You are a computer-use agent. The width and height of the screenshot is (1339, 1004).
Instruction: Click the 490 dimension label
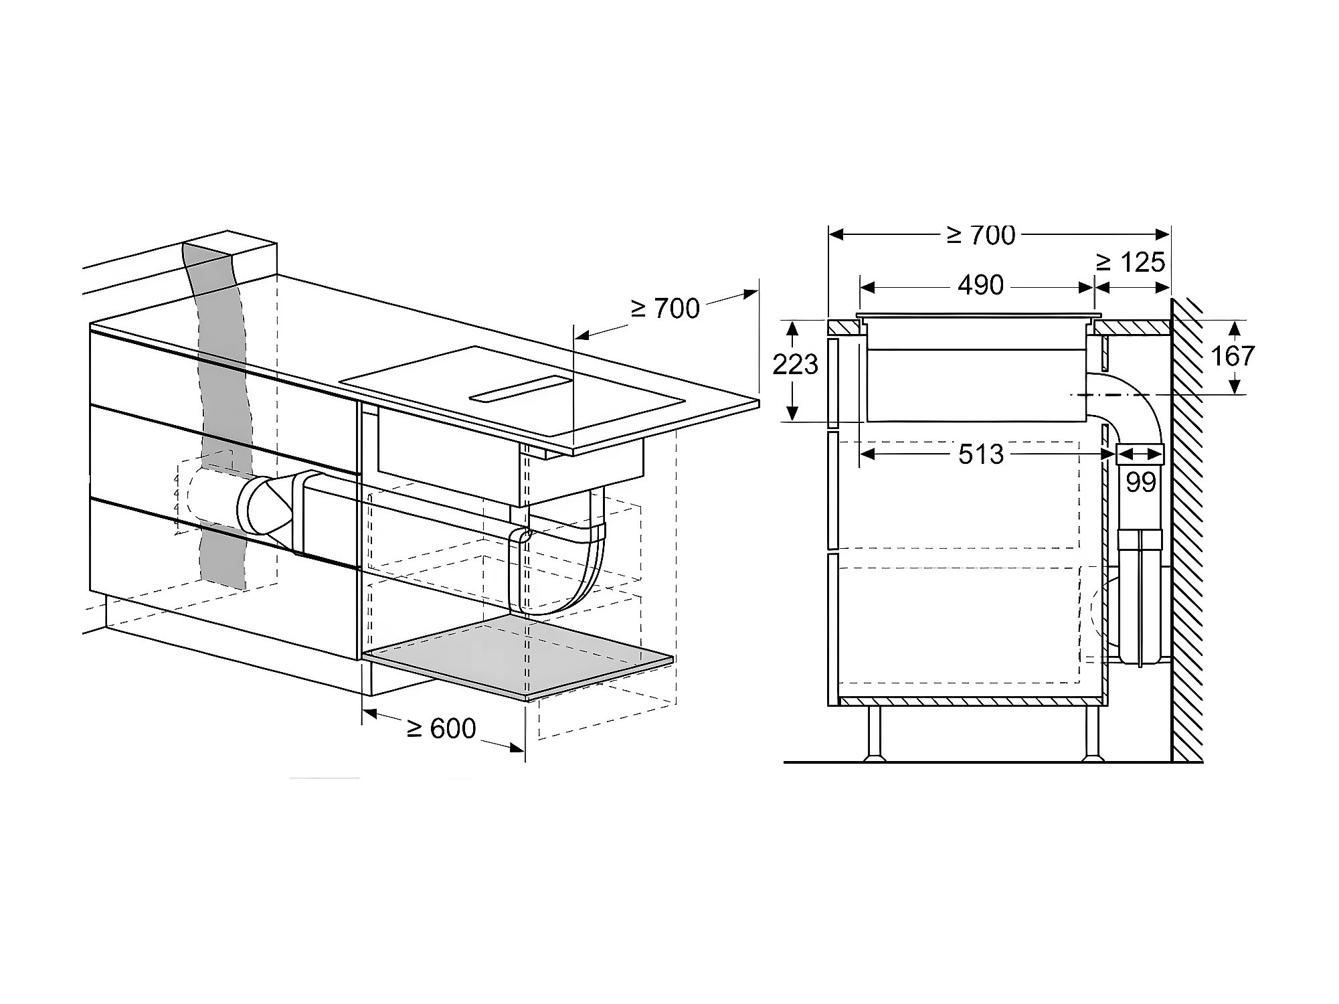click(x=980, y=286)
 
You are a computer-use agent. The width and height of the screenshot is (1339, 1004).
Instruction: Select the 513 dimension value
click(x=981, y=455)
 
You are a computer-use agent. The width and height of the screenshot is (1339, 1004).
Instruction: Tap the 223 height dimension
click(x=795, y=365)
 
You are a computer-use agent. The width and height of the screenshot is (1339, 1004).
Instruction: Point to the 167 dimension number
click(x=1232, y=356)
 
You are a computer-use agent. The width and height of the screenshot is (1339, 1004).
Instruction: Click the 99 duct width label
click(x=1140, y=482)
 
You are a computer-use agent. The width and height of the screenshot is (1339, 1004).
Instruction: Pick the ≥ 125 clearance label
click(x=1130, y=262)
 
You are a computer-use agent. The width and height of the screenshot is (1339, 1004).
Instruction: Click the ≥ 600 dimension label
click(x=442, y=728)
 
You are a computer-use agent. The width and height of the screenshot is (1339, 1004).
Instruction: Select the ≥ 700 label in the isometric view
click(x=665, y=309)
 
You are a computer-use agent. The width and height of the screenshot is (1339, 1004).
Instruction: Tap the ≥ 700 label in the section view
click(x=981, y=235)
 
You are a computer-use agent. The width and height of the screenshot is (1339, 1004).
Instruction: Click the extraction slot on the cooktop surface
click(x=521, y=390)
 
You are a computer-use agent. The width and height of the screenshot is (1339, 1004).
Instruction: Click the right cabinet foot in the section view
click(x=1091, y=734)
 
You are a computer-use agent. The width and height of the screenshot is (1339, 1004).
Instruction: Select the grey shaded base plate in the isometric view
click(x=518, y=659)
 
